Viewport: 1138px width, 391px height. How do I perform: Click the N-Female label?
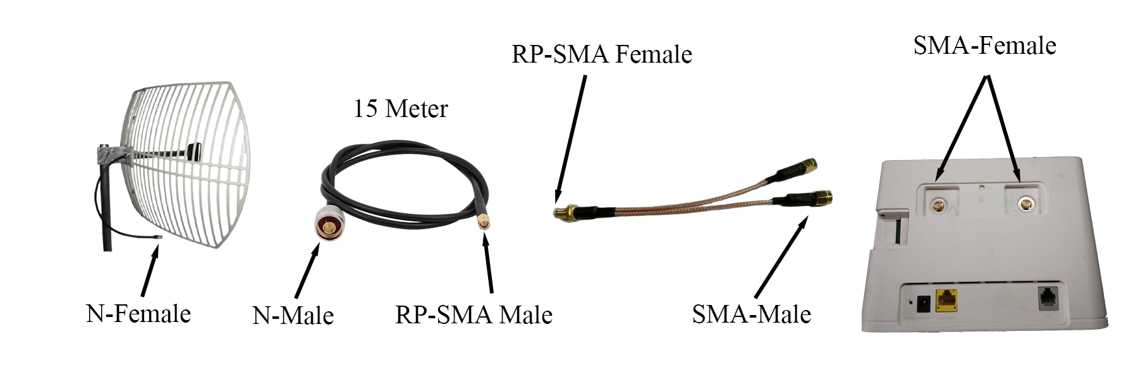point(138,313)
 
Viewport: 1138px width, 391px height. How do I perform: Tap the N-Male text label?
point(293,315)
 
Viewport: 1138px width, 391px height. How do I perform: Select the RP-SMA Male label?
point(474,314)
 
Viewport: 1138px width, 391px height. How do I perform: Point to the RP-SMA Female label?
point(601,54)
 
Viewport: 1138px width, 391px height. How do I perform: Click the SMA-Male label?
point(751,314)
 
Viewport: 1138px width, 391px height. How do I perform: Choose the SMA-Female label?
point(984,46)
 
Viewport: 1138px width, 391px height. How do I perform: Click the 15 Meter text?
point(400,109)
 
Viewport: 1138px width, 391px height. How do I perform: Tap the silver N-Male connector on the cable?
point(327,224)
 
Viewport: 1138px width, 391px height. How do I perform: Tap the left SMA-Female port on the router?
point(939,206)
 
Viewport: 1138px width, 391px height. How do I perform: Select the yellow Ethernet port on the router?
point(947,300)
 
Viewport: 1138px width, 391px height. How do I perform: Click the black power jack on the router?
point(922,303)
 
